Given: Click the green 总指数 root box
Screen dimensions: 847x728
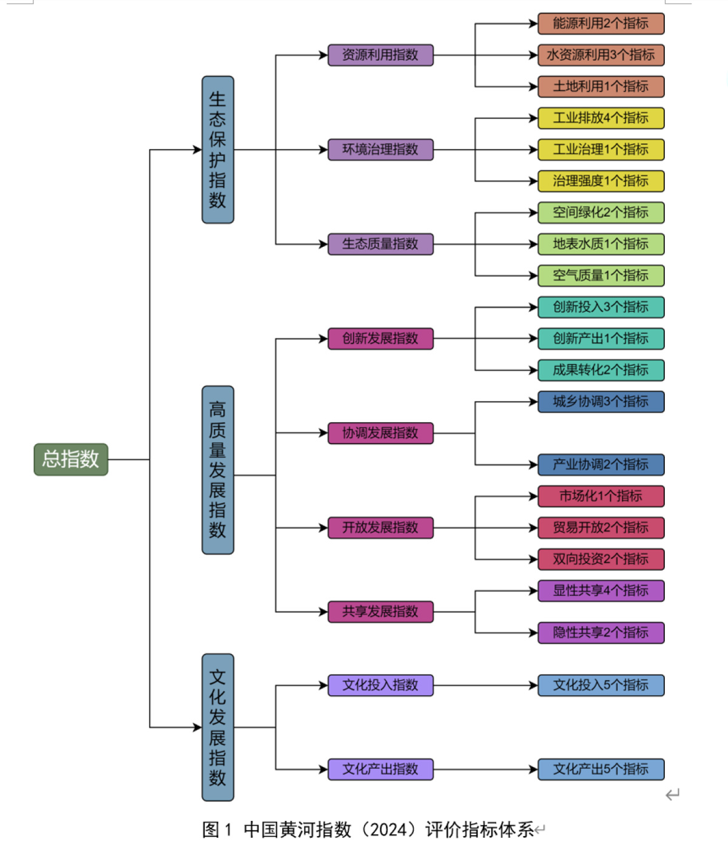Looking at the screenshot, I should (x=70, y=459).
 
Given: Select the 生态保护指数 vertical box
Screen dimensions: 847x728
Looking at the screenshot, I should (x=218, y=150).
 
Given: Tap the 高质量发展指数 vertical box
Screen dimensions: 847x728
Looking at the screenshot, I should (x=218, y=470).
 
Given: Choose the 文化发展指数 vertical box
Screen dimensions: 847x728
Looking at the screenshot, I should (x=218, y=727).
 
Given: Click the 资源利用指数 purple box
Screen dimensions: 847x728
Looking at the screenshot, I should (x=380, y=55).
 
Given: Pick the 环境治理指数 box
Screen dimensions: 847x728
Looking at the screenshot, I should (x=380, y=150).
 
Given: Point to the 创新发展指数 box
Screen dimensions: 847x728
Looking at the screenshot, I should (x=380, y=339).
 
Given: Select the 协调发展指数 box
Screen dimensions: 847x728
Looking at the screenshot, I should (x=380, y=433).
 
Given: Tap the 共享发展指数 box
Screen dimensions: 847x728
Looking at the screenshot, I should (x=380, y=612).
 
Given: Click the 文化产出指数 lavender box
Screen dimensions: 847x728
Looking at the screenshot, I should (x=380, y=769).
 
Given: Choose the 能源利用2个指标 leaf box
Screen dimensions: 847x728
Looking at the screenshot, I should (x=601, y=24).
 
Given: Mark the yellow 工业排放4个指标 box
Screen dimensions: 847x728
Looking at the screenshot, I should (x=601, y=118).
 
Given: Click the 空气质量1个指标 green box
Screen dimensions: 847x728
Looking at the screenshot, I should (x=601, y=275).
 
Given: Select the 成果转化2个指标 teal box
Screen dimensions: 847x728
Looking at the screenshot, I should (x=601, y=370).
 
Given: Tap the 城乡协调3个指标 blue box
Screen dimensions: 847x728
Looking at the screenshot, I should (x=601, y=402).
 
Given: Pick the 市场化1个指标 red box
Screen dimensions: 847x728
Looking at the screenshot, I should (x=601, y=496).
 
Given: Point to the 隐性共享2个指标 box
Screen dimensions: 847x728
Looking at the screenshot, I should (x=601, y=633).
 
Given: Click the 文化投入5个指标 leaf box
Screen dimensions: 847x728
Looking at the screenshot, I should (x=601, y=686).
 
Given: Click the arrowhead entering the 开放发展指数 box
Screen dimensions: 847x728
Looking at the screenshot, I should (x=323, y=528).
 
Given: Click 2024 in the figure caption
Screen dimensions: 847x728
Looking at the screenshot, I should (x=388, y=829).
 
